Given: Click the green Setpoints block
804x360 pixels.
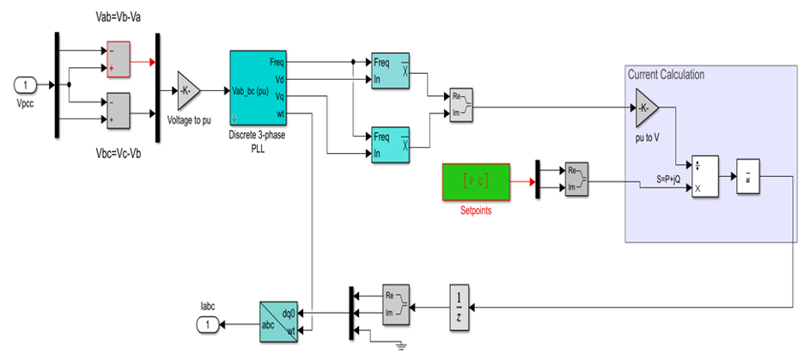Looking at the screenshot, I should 476,180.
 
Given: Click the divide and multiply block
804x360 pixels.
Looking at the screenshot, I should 704,177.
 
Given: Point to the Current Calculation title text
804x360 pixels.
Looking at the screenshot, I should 666,75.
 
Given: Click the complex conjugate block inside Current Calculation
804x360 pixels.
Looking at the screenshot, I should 749,177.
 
